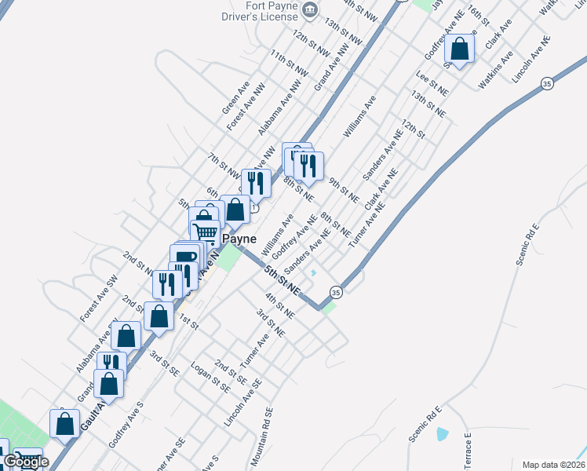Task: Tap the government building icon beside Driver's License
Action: (x=310, y=9)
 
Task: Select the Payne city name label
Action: (x=240, y=237)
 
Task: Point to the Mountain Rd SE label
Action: (x=261, y=436)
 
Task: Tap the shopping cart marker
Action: (x=205, y=231)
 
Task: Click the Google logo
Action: (x=26, y=462)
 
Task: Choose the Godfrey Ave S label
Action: (x=126, y=425)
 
